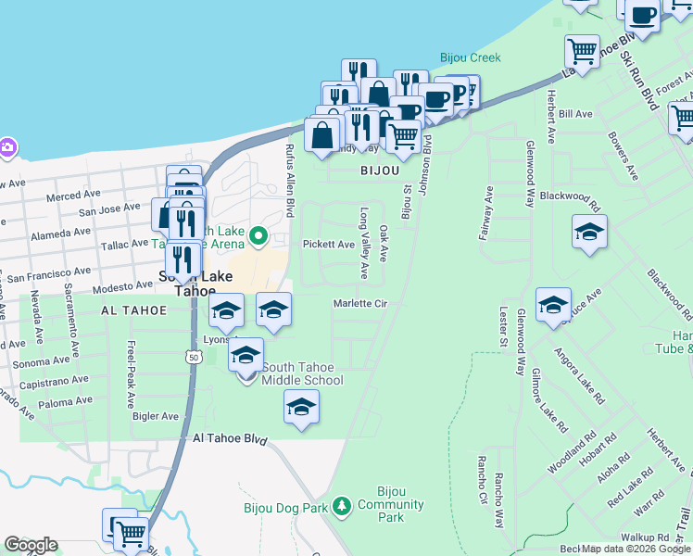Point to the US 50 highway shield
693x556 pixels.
(193, 356)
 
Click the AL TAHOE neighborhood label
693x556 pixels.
(129, 311)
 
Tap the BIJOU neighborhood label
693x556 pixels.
(379, 171)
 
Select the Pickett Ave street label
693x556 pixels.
(329, 245)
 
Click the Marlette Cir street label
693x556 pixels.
(359, 303)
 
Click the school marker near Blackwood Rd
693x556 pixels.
(589, 233)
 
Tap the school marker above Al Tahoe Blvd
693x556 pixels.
(301, 408)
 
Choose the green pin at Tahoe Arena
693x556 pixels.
(260, 237)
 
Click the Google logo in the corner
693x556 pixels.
(31, 545)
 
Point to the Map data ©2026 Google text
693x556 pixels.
(636, 549)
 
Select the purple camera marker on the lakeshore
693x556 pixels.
(6, 148)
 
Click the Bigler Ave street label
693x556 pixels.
(156, 416)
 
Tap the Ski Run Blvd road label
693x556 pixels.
(638, 79)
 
